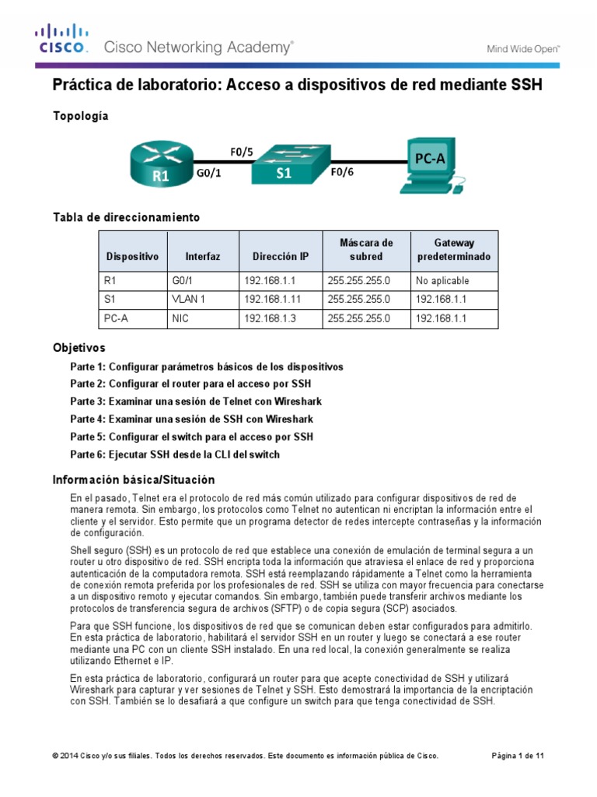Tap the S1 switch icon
point(285,163)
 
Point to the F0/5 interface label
point(241,151)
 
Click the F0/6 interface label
point(343,174)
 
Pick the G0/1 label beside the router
point(208,174)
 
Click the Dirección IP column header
point(280,256)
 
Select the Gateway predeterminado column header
point(453,249)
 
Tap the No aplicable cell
point(442,280)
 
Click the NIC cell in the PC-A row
point(179,318)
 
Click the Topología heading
point(80,116)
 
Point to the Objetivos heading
point(79,347)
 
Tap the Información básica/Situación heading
point(133,479)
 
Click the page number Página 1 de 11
point(518,756)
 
